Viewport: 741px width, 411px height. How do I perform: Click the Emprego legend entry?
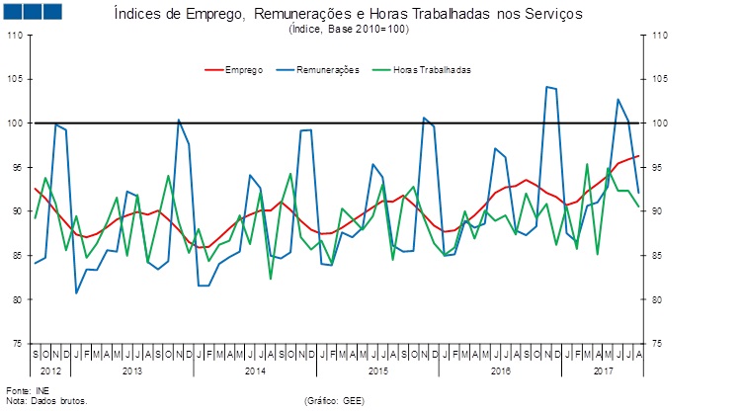click(x=243, y=70)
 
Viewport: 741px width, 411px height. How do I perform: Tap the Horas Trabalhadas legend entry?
click(x=432, y=70)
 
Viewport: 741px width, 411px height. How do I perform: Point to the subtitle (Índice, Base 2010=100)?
click(x=349, y=30)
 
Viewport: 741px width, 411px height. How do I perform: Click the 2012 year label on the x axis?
click(x=51, y=370)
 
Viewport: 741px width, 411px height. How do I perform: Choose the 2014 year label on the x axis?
click(x=255, y=370)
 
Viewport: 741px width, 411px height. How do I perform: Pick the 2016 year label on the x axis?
click(x=500, y=370)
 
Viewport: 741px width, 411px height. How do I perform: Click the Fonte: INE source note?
click(x=27, y=392)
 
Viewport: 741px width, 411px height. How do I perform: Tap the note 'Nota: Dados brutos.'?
click(x=46, y=401)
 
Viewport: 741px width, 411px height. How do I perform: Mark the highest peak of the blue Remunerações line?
click(x=547, y=87)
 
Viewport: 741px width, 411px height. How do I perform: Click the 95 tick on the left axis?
click(x=17, y=168)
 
